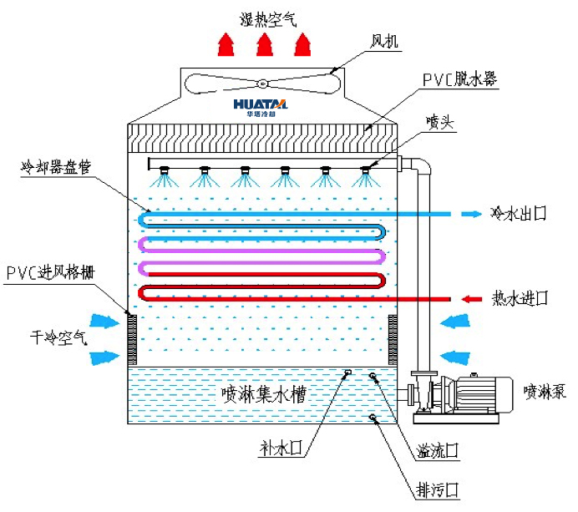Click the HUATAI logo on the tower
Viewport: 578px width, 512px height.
pos(261,105)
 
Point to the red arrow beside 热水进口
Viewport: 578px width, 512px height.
pos(472,297)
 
